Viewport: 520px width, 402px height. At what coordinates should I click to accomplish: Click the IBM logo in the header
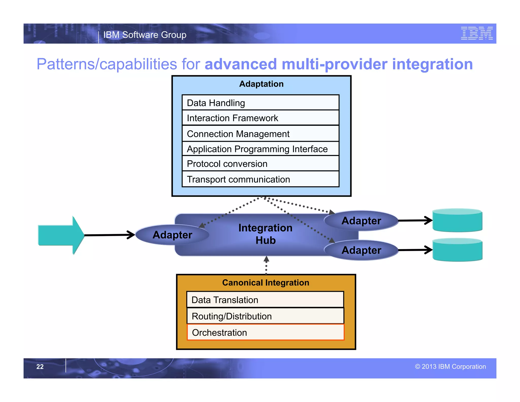click(x=477, y=33)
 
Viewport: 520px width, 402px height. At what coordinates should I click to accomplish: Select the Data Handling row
click(x=261, y=103)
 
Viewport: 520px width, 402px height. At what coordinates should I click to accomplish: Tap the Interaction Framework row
click(x=261, y=118)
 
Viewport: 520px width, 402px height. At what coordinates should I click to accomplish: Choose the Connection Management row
click(x=261, y=134)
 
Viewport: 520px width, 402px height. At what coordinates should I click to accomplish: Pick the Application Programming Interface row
click(x=261, y=149)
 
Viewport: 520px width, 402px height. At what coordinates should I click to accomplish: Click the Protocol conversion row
click(x=261, y=164)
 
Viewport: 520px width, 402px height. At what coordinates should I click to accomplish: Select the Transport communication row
click(x=261, y=179)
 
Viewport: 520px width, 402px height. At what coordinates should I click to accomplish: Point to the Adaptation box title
click(x=261, y=84)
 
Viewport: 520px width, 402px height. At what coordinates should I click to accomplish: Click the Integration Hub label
click(x=265, y=234)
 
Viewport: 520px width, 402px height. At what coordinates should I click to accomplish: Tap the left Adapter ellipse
click(x=172, y=235)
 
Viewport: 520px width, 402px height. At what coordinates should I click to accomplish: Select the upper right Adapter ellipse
click(x=361, y=221)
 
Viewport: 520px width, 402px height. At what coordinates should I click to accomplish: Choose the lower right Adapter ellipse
click(x=361, y=250)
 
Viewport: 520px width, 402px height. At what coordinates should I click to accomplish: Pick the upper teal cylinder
click(x=457, y=220)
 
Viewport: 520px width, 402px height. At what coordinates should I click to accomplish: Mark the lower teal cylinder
click(x=457, y=250)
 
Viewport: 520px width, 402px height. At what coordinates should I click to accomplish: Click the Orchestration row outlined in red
click(x=265, y=332)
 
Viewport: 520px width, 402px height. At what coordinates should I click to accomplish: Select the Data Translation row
click(x=265, y=300)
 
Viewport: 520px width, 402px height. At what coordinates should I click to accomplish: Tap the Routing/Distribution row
click(x=265, y=316)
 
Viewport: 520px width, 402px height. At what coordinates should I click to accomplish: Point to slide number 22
click(x=40, y=366)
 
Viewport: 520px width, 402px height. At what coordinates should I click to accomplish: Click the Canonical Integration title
click(x=266, y=283)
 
